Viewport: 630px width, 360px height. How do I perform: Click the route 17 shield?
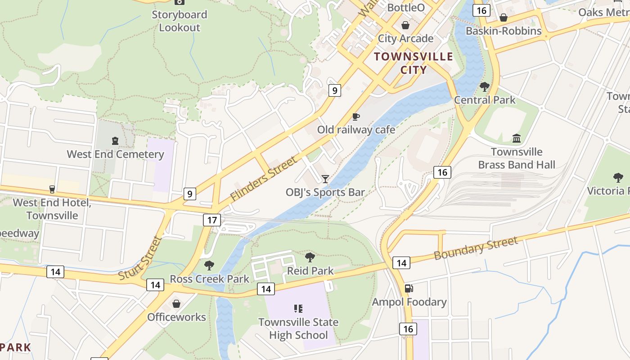(x=212, y=220)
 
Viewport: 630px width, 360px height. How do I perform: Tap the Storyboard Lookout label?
(x=180, y=21)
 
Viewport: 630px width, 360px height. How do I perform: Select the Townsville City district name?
(x=414, y=63)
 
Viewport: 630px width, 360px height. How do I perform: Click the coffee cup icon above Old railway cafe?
(x=356, y=117)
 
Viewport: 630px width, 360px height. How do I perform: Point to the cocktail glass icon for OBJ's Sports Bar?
(x=325, y=179)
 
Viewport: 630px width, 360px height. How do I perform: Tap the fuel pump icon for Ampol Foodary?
(x=409, y=288)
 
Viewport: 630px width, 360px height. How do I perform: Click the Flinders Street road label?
(x=264, y=178)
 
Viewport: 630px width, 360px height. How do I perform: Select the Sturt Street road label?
(x=140, y=259)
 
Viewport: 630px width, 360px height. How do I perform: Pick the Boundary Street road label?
(x=476, y=248)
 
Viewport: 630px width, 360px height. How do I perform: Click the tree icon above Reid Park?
(x=310, y=257)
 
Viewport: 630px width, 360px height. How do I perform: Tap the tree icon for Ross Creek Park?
(x=209, y=265)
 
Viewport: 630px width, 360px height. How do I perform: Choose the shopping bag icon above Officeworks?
(x=176, y=304)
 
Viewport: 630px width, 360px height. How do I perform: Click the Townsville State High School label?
(x=298, y=328)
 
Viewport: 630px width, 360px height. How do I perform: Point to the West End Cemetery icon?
(x=115, y=141)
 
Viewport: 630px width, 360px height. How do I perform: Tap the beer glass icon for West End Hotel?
(x=52, y=189)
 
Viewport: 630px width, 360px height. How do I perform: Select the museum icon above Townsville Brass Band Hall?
(x=517, y=139)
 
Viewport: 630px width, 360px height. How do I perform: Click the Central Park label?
(x=485, y=100)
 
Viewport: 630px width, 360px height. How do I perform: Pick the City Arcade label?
(x=405, y=38)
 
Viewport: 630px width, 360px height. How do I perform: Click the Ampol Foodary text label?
(x=409, y=302)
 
